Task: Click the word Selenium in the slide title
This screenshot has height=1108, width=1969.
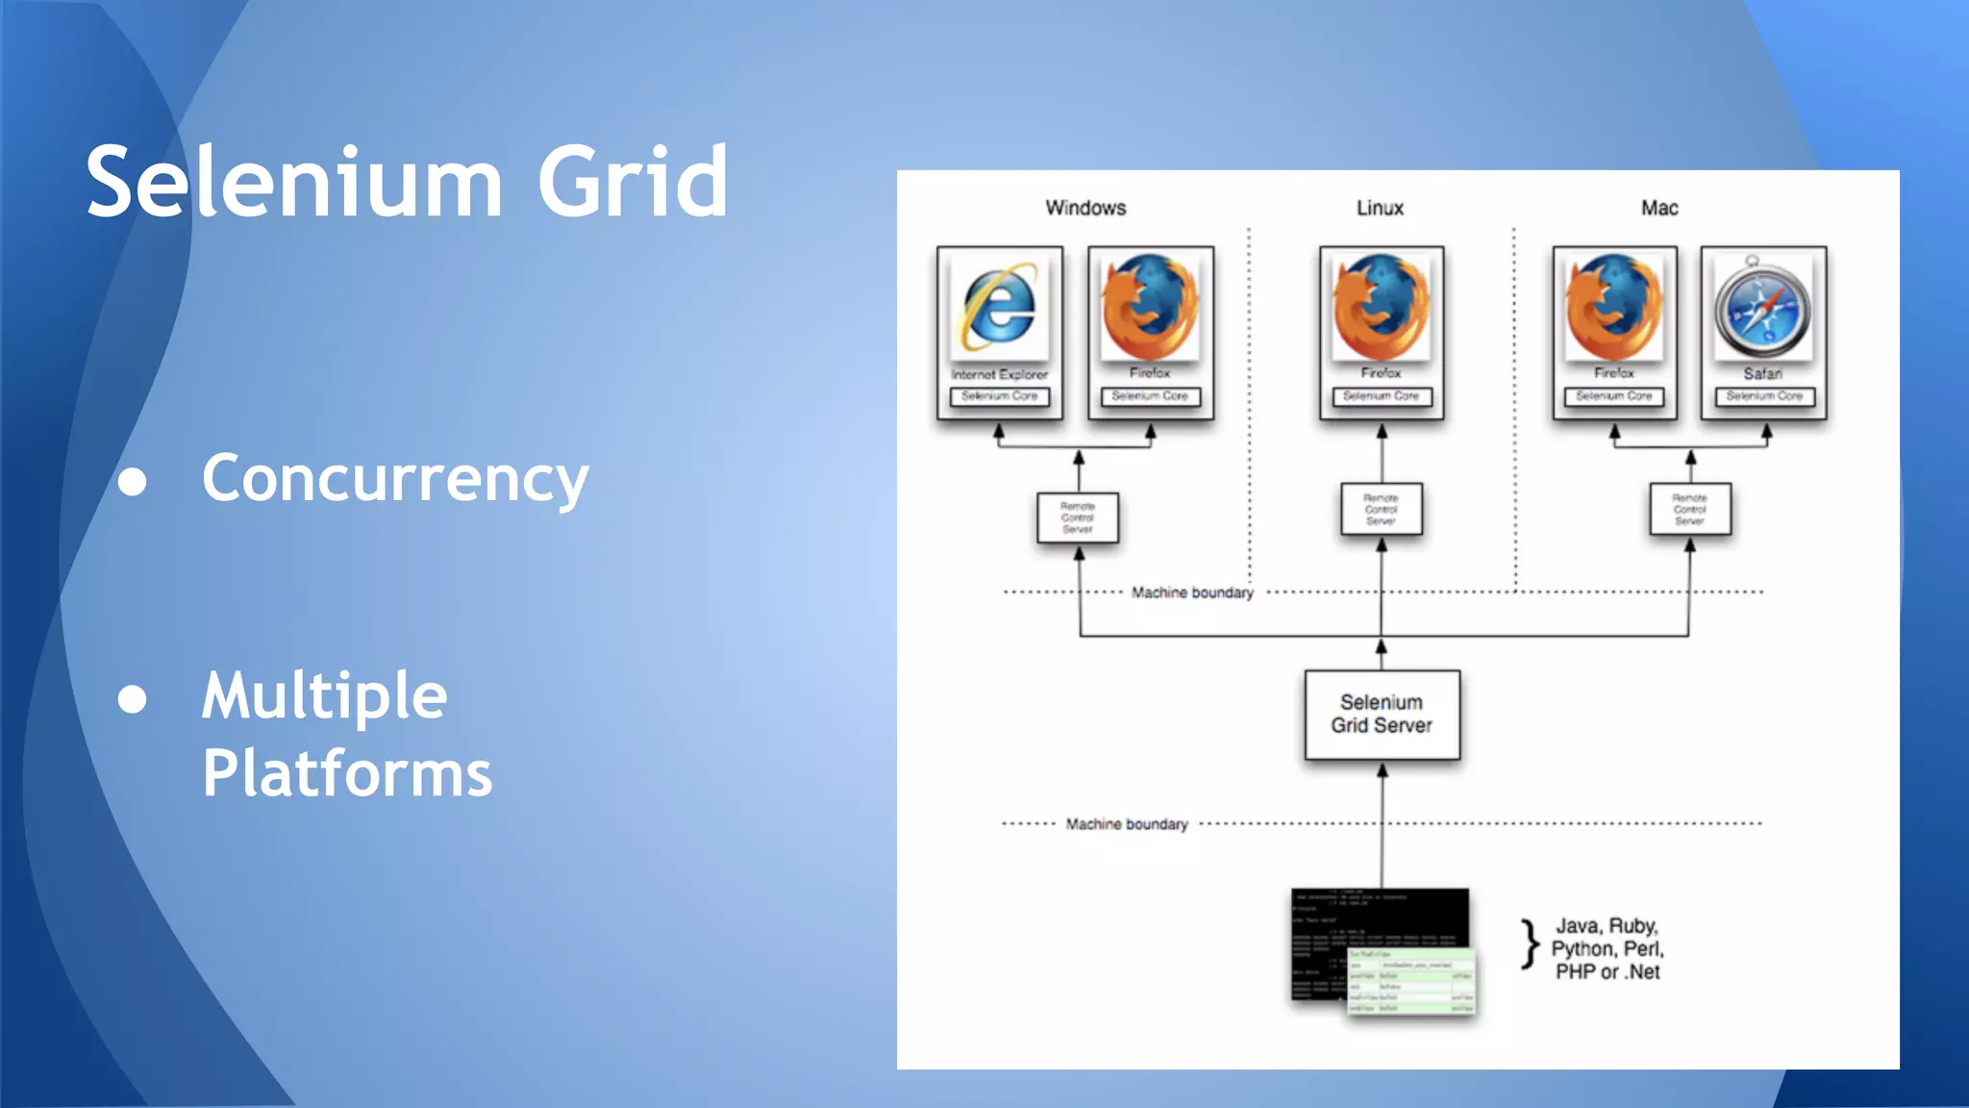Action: (294, 182)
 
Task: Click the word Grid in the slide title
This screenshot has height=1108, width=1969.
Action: (632, 182)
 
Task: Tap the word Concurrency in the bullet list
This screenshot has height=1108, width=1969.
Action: (395, 478)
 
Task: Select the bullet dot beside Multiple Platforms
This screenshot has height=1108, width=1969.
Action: (133, 699)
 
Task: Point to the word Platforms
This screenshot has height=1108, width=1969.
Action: (347, 773)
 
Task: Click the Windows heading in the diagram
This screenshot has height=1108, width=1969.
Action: (1085, 208)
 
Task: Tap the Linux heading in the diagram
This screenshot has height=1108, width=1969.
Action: (1380, 208)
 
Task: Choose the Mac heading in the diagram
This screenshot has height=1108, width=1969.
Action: (1659, 208)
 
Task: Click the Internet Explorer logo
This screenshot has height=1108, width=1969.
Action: (1000, 308)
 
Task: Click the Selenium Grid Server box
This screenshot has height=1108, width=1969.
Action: (1382, 715)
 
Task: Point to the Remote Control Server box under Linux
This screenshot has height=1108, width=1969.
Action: (1382, 510)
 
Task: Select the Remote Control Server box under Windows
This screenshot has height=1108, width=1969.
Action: (1078, 517)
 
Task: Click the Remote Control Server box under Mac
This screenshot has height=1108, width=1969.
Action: (1689, 510)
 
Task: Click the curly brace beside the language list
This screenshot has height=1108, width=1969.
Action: (1530, 944)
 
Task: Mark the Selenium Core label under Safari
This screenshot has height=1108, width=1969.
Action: (1764, 396)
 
